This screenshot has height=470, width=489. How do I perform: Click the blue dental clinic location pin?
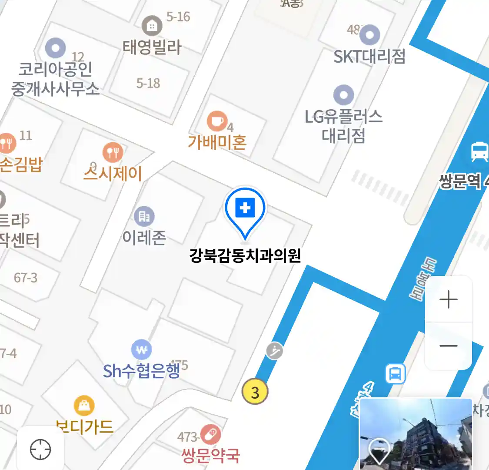[x=245, y=209]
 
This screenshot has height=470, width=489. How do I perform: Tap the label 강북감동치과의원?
[x=245, y=255]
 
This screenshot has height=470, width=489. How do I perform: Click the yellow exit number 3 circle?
[x=255, y=392]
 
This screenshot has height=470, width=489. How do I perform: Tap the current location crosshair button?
[x=40, y=449]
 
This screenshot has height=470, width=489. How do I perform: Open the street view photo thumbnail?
[x=416, y=434]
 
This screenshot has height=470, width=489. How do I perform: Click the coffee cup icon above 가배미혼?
[x=216, y=121]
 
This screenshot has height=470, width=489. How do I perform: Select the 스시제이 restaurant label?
[x=113, y=174]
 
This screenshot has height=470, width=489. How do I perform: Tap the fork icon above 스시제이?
[x=113, y=152]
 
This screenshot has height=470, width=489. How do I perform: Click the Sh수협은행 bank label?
[x=141, y=371]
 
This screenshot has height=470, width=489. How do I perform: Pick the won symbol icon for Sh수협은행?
[x=142, y=349]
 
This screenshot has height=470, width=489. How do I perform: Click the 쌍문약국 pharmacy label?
[x=211, y=456]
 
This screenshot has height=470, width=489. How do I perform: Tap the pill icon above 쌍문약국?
[x=210, y=435]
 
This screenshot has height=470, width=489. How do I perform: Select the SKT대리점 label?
[x=369, y=56]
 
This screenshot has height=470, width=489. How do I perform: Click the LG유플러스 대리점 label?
[x=343, y=126]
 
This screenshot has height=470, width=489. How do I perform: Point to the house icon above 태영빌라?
[x=152, y=26]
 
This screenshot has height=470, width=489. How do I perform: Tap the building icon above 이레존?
[x=144, y=216]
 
